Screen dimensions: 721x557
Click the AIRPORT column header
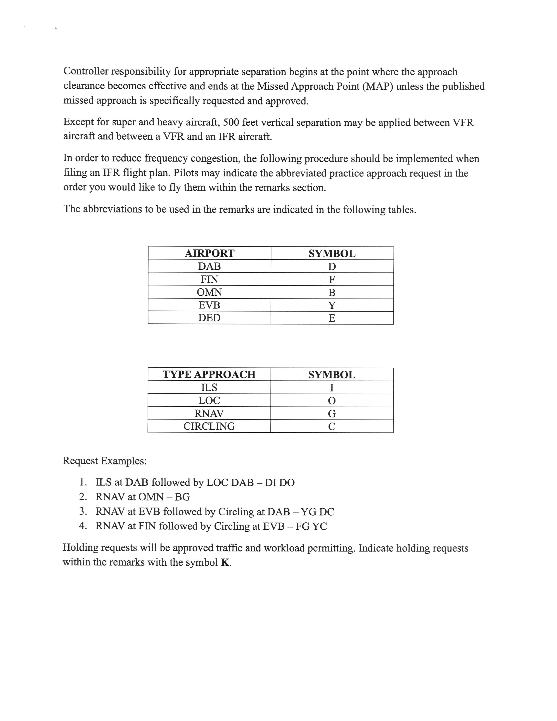[209, 253]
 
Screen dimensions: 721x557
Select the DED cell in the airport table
[209, 318]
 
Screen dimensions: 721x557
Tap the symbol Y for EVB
[332, 305]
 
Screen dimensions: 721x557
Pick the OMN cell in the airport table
[209, 292]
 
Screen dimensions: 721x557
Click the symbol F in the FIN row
[332, 280]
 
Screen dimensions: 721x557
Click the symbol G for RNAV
[332, 414]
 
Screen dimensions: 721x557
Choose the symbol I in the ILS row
[332, 388]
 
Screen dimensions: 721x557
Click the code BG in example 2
[182, 497]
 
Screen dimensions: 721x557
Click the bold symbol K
[225, 562]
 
